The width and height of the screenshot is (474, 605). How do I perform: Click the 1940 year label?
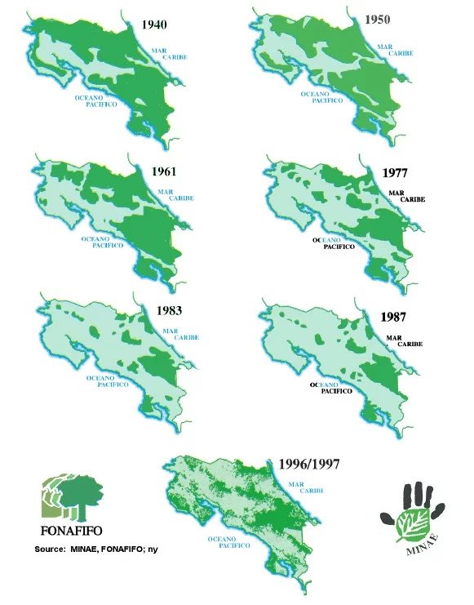tap(155, 24)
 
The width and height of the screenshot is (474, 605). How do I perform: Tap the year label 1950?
tap(379, 19)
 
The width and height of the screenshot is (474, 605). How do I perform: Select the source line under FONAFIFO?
tap(96, 549)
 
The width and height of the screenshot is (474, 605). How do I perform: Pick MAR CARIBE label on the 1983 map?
tap(178, 335)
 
